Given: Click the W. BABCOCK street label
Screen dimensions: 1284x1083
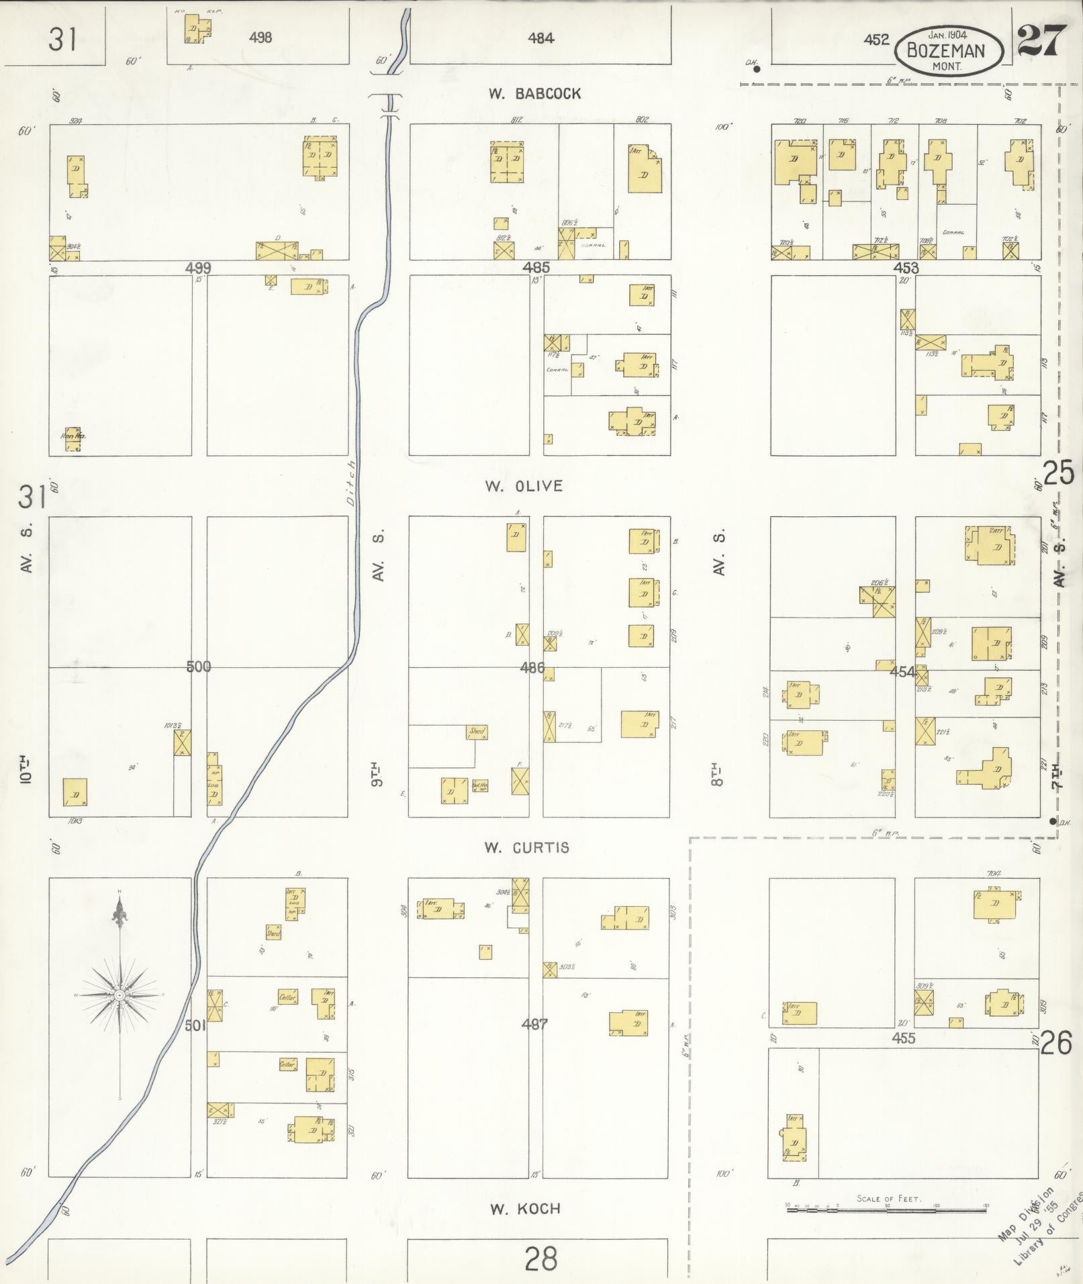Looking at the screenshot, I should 534,94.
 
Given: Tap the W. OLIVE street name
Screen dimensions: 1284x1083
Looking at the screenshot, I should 524,486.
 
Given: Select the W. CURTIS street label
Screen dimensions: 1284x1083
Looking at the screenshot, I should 526,847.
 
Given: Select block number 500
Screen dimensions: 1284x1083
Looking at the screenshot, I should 199,666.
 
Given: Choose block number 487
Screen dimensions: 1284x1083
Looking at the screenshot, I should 534,1024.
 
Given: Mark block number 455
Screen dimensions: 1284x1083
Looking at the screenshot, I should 904,1038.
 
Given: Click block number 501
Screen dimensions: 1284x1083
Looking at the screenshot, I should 195,1026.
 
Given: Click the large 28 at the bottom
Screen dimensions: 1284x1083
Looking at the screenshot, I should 541,1259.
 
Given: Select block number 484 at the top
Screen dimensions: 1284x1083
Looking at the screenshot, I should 540,38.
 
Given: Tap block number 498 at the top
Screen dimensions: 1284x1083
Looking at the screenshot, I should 260,38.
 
